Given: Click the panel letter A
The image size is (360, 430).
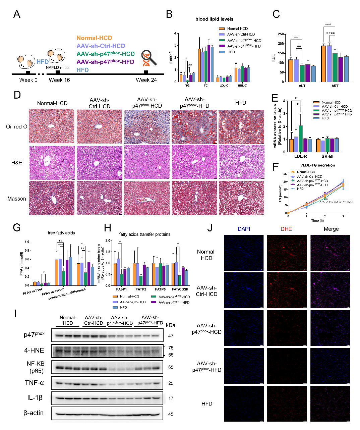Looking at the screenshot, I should coord(16,14).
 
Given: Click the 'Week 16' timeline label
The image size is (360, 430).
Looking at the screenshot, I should coord(59,80).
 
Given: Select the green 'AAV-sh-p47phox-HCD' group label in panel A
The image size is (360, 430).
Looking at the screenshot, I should coord(106,54).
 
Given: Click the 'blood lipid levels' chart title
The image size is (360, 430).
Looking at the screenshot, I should coord(214,19).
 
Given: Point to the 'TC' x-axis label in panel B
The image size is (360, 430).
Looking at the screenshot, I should coord(205,86).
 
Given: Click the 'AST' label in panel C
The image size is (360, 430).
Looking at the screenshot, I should coord(335,86).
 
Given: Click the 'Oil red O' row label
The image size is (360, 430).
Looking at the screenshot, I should coord(17,126).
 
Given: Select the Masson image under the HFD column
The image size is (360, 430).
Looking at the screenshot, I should coord(241,198).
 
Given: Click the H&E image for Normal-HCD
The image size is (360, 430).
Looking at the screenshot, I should coord(52,162).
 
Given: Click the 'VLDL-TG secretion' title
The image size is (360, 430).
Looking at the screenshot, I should coord(317,165).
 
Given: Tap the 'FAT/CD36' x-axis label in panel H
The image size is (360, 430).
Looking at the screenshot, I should coord(180,289).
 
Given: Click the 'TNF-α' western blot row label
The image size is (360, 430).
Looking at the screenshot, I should coord(34,383).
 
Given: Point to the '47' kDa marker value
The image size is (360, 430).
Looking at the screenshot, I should coord(171,335).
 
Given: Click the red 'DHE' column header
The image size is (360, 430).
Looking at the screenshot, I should coord(286,229).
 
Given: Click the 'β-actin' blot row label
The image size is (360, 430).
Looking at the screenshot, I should coord(34,413).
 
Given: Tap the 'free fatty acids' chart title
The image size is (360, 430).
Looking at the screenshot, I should coord(61,233).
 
